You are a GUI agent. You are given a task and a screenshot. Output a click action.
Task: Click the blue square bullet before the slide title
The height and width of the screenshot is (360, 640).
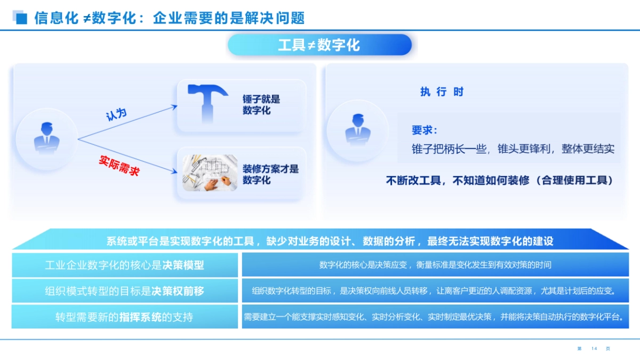(22, 19)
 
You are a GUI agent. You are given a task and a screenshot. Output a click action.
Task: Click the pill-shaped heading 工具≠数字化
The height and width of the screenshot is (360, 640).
(319, 45)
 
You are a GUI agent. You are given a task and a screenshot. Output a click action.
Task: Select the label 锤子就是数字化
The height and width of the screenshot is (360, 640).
(261, 105)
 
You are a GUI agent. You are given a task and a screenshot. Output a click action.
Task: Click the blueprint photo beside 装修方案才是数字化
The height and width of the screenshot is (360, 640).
(210, 173)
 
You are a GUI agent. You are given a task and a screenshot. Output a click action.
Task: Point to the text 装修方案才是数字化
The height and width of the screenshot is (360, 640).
(270, 174)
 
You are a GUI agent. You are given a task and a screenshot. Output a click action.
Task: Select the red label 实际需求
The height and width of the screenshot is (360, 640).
(119, 165)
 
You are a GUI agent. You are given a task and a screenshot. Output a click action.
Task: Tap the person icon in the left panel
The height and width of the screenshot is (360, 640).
(47, 139)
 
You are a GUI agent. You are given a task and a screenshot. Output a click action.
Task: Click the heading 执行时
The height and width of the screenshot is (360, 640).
(442, 92)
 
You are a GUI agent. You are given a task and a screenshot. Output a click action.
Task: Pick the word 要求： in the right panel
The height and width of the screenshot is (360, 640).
(425, 131)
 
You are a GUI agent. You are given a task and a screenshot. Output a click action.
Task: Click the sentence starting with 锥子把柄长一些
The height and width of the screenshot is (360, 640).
(513, 149)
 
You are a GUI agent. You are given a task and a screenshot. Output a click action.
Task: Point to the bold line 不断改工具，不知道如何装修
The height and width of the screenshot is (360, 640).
(499, 180)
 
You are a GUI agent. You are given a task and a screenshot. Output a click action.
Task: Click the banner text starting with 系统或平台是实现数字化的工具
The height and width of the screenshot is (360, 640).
(330, 241)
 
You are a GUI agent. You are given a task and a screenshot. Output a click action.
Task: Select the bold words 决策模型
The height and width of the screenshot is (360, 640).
(183, 265)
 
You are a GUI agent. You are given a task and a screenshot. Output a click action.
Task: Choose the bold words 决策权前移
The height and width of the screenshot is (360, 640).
(178, 291)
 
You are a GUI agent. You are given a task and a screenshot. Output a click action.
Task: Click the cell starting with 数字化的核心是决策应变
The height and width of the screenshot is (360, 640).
(435, 265)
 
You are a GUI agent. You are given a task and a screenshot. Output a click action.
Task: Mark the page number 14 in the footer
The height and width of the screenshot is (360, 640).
(594, 349)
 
